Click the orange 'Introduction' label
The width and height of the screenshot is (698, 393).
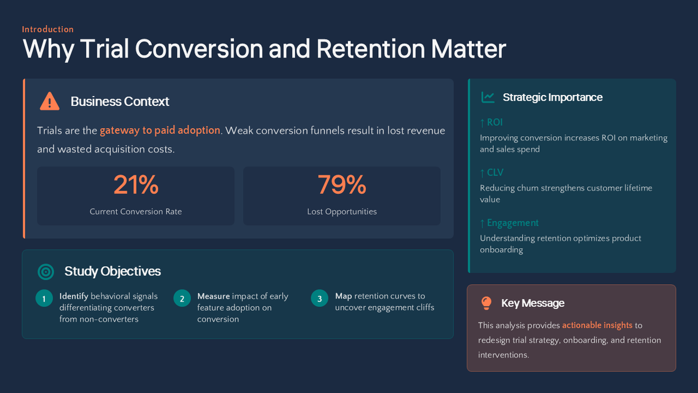tap(48, 29)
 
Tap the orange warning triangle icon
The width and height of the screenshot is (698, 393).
tap(50, 101)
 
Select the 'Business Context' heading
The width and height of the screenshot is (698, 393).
tap(120, 101)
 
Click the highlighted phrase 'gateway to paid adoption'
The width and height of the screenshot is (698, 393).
tap(160, 130)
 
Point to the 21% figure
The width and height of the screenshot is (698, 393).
tap(136, 185)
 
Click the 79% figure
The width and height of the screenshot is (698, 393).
tap(341, 185)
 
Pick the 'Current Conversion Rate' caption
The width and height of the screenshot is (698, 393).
tap(136, 212)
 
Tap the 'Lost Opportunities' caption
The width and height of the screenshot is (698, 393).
tap(341, 212)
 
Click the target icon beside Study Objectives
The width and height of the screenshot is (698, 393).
tap(45, 271)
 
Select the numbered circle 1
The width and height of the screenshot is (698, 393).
tap(44, 299)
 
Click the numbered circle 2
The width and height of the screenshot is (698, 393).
tap(181, 299)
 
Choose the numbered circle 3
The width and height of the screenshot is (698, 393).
tap(319, 299)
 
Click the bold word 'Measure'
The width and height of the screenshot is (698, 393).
tap(213, 296)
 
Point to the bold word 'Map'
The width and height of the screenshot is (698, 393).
tap(343, 296)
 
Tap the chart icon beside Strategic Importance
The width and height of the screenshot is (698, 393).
tap(487, 97)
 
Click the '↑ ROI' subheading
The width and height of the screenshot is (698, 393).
tap(492, 122)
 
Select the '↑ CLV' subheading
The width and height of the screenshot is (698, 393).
tap(492, 172)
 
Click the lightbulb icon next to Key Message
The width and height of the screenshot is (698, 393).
tap(486, 303)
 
